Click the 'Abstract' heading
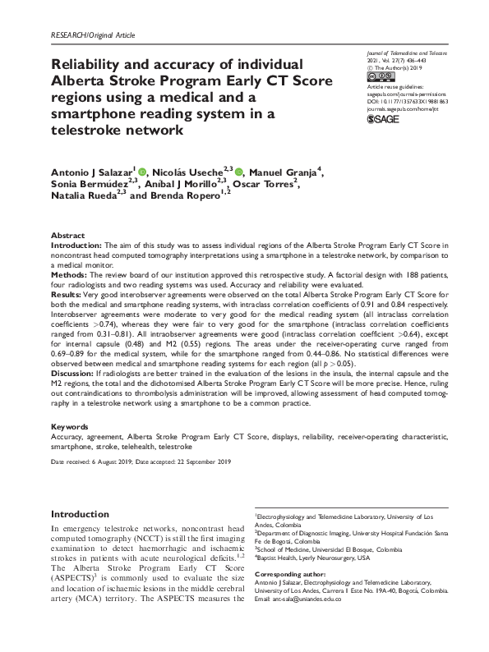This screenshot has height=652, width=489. click(67, 234)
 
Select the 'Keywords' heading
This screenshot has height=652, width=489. click(70, 428)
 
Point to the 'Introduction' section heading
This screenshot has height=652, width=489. click(81, 514)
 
